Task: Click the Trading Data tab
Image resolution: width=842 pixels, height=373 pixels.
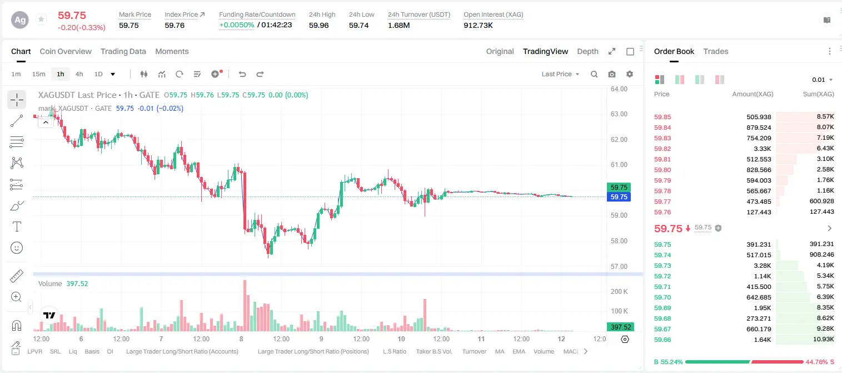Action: [x=123, y=51]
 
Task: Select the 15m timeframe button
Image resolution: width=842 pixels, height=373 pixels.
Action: [x=39, y=74]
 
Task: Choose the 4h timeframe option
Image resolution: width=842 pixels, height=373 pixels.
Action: [x=79, y=74]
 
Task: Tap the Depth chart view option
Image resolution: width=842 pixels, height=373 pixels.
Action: [x=587, y=51]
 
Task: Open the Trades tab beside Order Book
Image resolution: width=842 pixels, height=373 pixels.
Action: [x=716, y=51]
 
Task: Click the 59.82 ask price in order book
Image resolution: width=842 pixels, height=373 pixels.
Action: [x=662, y=149]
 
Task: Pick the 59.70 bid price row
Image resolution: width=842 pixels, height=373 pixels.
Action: [x=662, y=297]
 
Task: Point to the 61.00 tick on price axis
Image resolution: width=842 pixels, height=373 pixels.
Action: [x=619, y=164]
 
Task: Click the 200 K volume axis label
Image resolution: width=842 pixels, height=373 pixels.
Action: [x=619, y=291]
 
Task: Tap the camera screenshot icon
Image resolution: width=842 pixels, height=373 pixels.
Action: [x=612, y=74]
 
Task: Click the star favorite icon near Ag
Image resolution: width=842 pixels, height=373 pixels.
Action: [x=41, y=19]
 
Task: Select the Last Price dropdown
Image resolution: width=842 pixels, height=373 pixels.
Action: [x=560, y=74]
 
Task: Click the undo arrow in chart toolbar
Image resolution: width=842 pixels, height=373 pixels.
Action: [x=242, y=74]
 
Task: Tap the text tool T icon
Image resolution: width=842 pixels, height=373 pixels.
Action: [x=17, y=227]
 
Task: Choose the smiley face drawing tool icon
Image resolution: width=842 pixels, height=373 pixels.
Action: [x=17, y=248]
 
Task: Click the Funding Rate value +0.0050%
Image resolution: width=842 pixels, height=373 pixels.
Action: [x=236, y=25]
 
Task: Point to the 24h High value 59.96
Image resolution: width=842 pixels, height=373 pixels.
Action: [x=319, y=25]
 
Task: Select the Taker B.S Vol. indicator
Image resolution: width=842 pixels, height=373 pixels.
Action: [x=434, y=351]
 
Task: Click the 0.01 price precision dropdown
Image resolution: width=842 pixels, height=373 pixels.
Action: [x=822, y=80]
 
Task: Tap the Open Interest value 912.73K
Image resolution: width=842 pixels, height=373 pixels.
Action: [x=478, y=25]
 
